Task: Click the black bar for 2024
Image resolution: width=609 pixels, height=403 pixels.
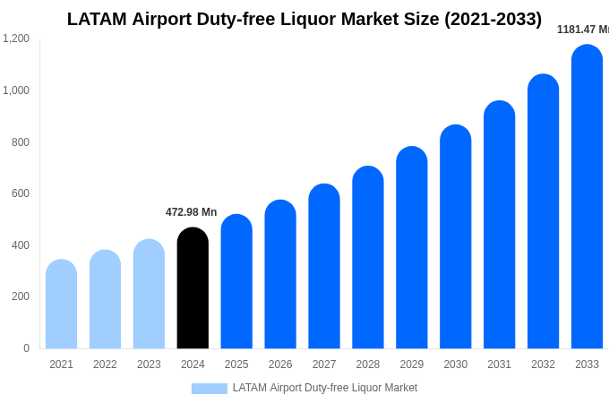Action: coord(193,288)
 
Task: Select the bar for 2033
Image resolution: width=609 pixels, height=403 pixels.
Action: coord(587,197)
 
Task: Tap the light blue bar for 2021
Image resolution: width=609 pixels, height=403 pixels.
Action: coord(61,304)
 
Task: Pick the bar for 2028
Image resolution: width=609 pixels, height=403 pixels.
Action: coord(367,258)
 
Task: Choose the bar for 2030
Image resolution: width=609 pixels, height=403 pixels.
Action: coord(455,237)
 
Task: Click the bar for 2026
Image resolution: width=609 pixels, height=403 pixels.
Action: coord(280,275)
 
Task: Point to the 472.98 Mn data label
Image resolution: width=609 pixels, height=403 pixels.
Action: coord(191,212)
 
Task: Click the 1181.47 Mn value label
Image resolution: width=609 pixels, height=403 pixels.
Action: coord(582,30)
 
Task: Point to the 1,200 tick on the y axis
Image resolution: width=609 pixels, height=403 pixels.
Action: coord(16,39)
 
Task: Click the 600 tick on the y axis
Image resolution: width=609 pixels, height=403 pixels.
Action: coord(20,193)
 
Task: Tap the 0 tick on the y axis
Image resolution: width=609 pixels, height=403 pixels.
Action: coord(26,348)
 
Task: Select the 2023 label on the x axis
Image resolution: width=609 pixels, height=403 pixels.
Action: coord(149,364)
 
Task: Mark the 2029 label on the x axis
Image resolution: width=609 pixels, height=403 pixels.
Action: coord(412,364)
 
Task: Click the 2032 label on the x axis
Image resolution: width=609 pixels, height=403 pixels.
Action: coord(543,364)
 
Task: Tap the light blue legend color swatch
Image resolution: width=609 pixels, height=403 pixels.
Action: coord(209,389)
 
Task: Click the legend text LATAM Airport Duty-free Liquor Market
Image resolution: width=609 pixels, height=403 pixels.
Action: coord(325,388)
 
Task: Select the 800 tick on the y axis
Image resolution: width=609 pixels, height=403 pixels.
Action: coord(20,142)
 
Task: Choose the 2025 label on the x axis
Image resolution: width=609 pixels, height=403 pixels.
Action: coord(236,364)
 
